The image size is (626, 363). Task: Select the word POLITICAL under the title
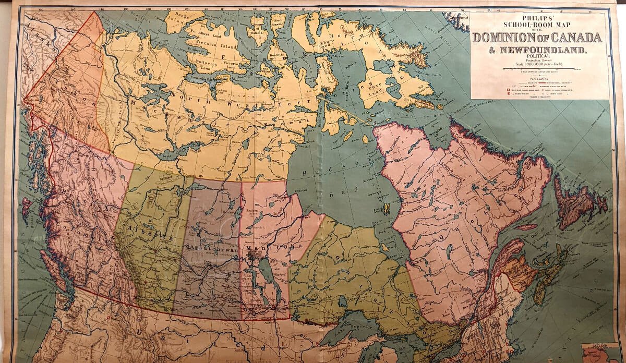(x=537, y=59)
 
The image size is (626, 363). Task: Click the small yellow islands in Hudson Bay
(x=387, y=210)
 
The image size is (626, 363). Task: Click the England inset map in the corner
(x=603, y=353)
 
